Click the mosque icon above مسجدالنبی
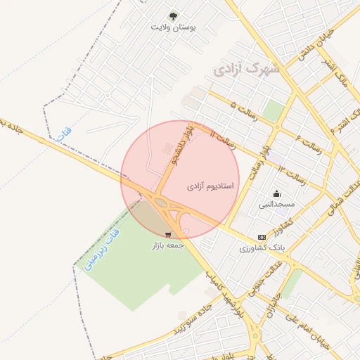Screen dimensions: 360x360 click(276, 193)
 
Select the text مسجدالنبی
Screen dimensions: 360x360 click(277, 205)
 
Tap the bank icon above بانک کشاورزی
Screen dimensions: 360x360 click(262, 238)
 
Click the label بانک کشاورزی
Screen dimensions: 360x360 click(261, 248)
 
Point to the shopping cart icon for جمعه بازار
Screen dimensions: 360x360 click(168, 235)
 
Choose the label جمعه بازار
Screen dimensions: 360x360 click(168, 245)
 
